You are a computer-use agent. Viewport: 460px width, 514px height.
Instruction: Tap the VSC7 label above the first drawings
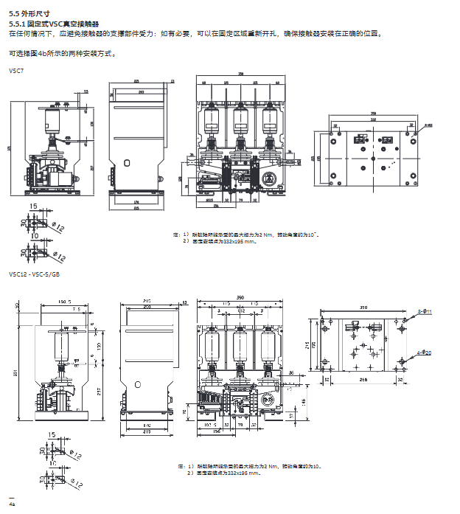[15, 70]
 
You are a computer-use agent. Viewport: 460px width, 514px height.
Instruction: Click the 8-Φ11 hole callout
[425, 312]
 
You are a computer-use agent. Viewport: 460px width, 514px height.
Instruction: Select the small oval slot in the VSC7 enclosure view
[126, 162]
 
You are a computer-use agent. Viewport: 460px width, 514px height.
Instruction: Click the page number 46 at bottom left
[12, 503]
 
